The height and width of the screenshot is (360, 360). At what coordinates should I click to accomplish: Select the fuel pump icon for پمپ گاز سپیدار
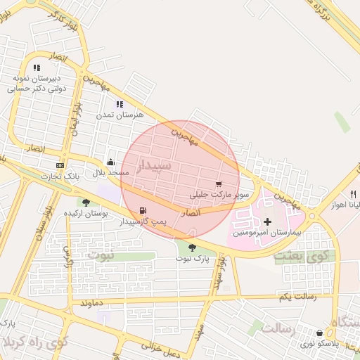pos(144,210)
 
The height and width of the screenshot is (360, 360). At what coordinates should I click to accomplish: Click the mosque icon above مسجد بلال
pos(110,162)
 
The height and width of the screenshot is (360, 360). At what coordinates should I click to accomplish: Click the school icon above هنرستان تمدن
pos(120,104)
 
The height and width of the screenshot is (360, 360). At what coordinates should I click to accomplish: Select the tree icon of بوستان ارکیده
pos(86,202)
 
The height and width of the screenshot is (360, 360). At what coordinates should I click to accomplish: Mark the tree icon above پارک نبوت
pos(193,247)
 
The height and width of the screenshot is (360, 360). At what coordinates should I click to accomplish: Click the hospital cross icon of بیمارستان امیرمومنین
pos(266,221)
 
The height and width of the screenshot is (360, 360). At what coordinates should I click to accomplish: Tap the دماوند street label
pos(92,303)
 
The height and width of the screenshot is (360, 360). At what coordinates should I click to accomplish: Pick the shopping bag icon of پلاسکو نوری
pos(320,333)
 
